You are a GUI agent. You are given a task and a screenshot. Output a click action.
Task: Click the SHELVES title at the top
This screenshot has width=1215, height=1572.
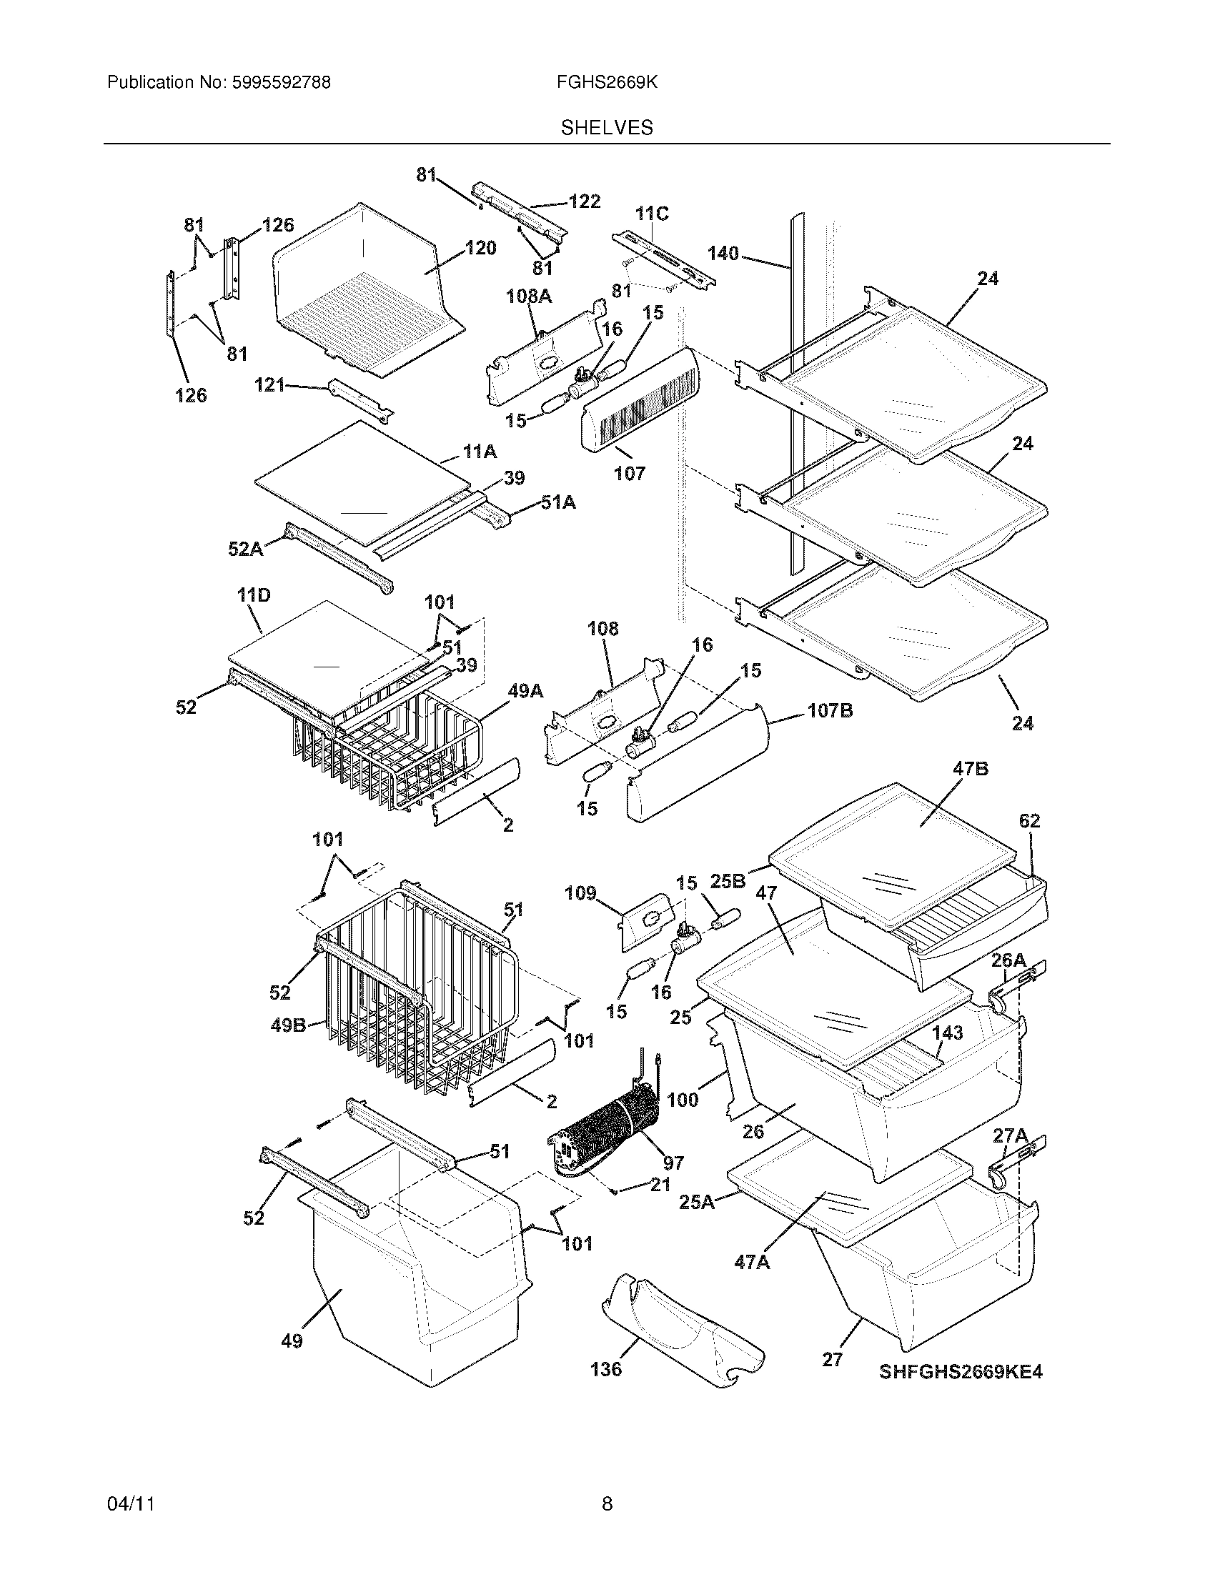607,128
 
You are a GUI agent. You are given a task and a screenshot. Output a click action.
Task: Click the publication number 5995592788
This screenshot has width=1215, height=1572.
282,83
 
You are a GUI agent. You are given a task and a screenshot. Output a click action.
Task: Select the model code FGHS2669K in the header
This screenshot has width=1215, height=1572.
607,83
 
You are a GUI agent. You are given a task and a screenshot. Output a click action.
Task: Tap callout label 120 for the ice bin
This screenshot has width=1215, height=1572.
481,249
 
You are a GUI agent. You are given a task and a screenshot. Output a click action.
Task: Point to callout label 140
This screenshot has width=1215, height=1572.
723,254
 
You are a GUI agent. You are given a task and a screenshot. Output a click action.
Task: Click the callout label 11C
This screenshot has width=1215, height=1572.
651,214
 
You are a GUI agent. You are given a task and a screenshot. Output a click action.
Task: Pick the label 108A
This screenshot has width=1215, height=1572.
529,296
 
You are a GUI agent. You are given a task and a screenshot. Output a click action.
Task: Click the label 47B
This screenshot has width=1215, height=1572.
971,769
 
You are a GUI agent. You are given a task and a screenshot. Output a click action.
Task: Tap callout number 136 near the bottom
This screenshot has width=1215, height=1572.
606,1369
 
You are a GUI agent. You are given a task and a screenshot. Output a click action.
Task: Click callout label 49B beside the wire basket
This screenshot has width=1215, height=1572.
288,1025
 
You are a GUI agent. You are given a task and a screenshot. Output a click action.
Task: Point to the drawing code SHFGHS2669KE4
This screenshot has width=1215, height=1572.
960,1372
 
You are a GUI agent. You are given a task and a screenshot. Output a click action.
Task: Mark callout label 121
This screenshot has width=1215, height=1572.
270,386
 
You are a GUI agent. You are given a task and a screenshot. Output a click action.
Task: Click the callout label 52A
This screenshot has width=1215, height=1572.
245,549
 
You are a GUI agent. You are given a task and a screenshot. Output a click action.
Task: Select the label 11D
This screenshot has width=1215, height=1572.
254,596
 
